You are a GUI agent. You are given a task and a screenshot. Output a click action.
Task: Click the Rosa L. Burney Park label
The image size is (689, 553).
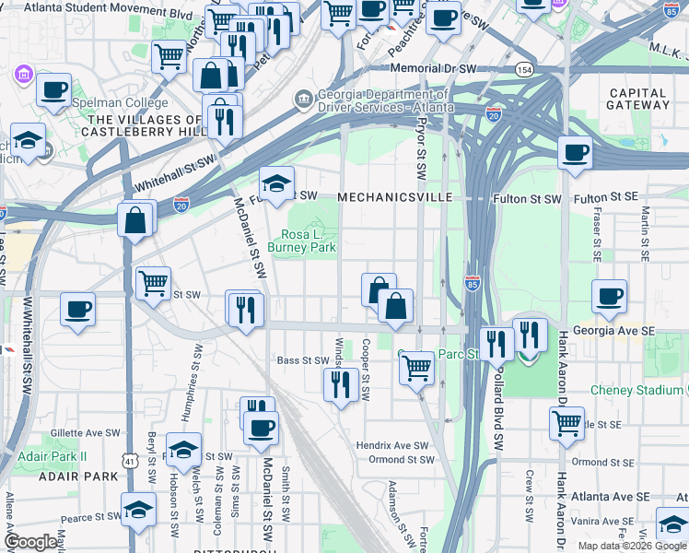click(x=301, y=241)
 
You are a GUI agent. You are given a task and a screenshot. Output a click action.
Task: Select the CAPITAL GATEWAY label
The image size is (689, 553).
click(x=638, y=99)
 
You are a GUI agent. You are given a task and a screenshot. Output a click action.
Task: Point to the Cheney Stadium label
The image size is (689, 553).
click(x=636, y=391)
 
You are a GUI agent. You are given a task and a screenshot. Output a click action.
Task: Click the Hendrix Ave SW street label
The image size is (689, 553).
click(x=393, y=445)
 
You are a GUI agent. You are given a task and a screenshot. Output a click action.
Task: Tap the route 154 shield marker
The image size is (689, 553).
click(x=524, y=69)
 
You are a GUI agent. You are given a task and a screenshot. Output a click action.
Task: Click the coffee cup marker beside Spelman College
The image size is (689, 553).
click(x=54, y=90)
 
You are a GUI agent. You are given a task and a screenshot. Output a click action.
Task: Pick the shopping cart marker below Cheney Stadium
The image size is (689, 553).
click(x=566, y=423)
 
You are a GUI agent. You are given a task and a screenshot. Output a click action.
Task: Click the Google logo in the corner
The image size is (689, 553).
click(x=30, y=542)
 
